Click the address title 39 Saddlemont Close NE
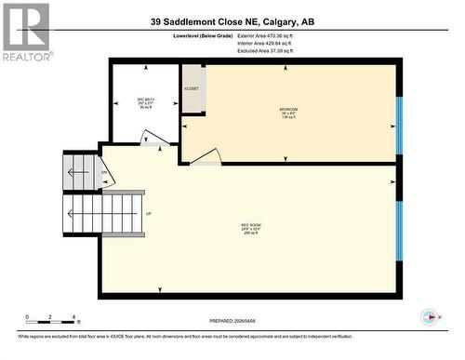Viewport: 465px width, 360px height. click(x=237, y=20)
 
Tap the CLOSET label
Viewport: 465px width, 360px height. click(x=192, y=88)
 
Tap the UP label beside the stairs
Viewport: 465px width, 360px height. click(x=148, y=213)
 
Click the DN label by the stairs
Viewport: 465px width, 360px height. click(x=104, y=173)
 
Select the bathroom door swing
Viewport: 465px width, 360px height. click(x=150, y=139)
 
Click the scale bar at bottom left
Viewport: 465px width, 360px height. click(x=52, y=317)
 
